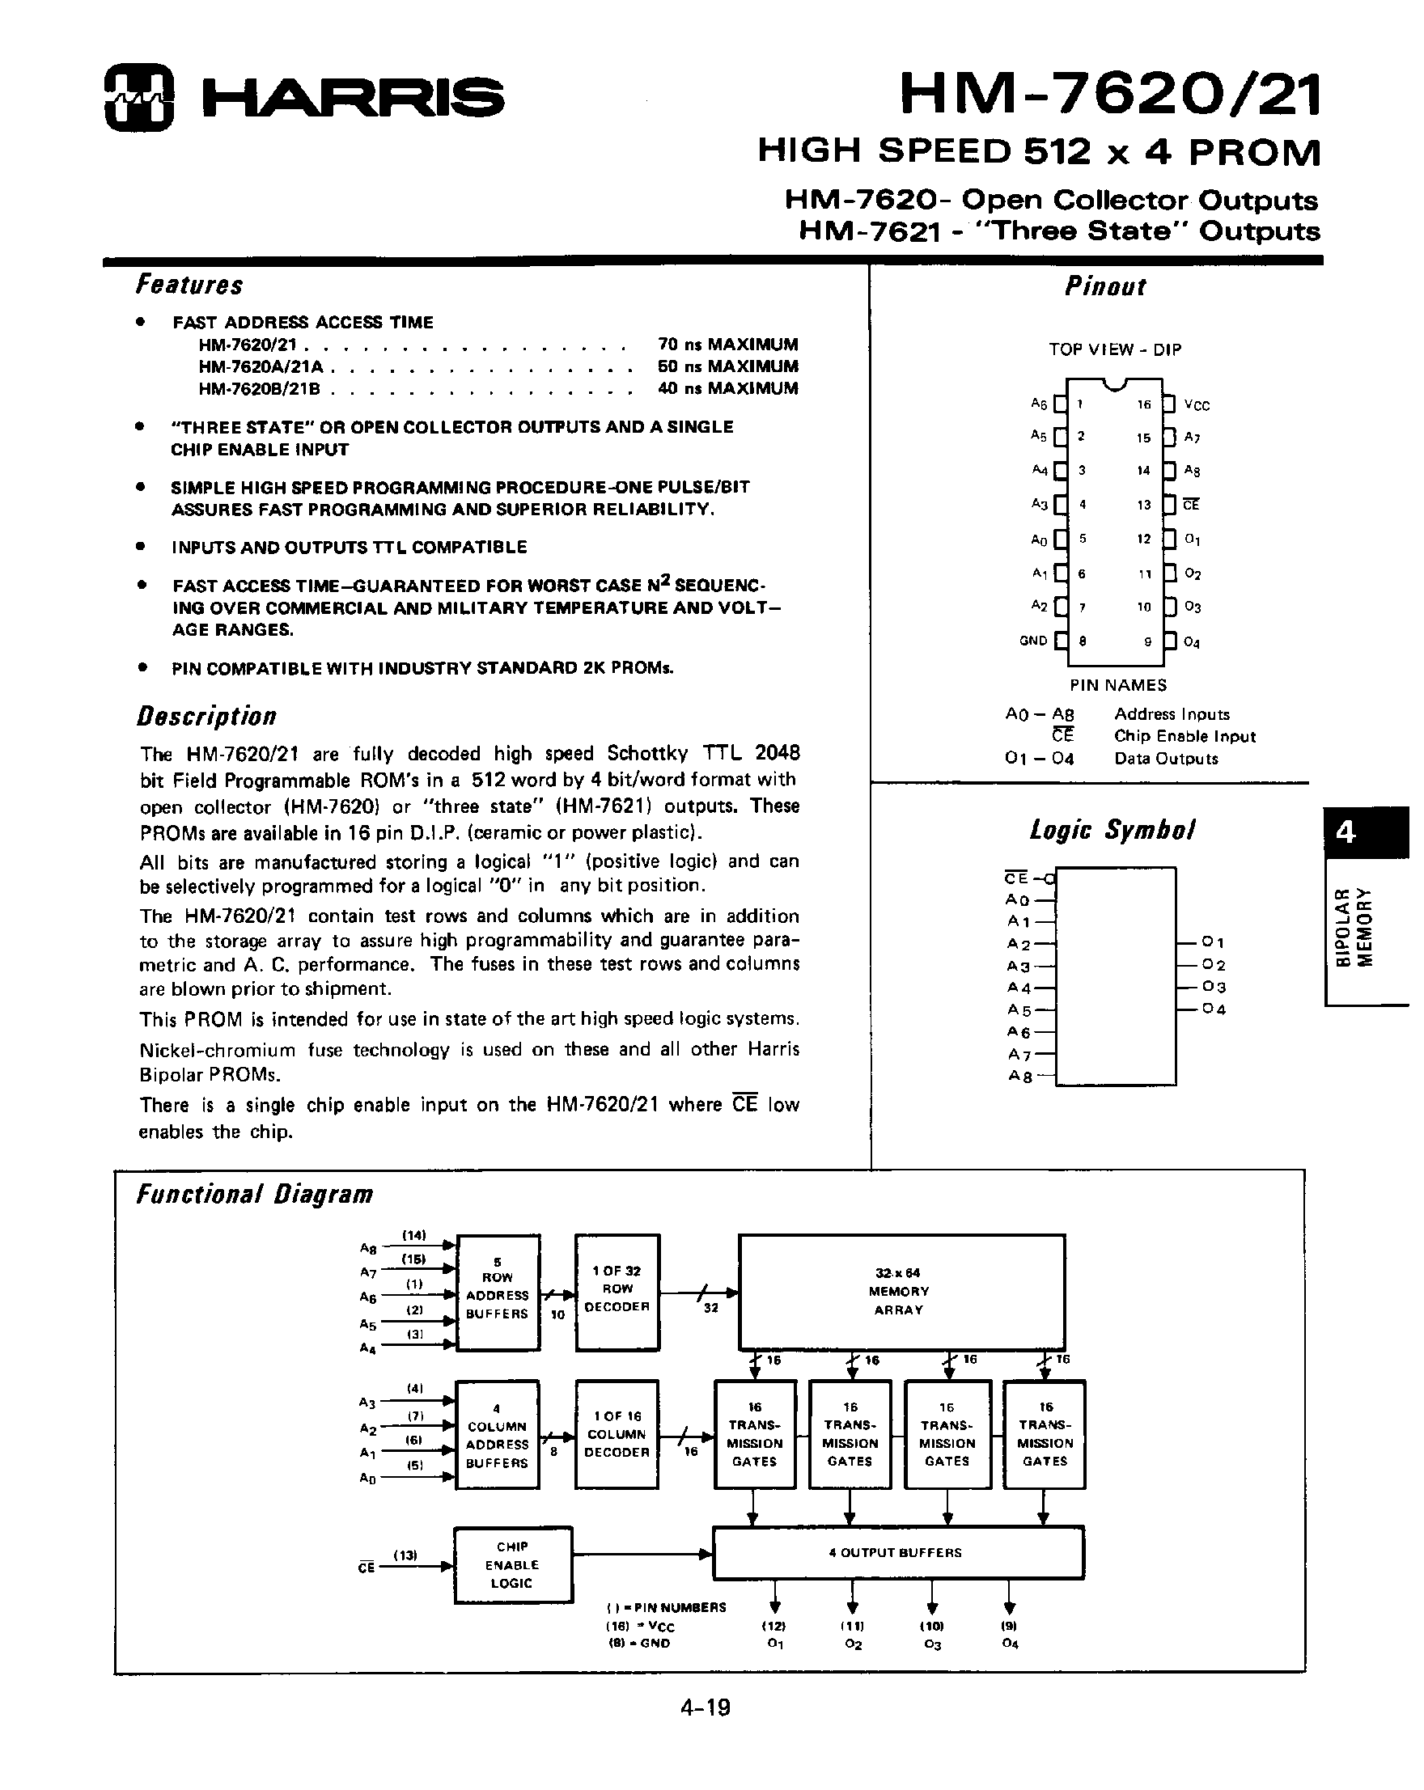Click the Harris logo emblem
point(138,98)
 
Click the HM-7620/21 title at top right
point(1109,95)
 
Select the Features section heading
point(189,285)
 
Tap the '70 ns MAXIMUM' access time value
point(727,344)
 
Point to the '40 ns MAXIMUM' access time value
point(727,387)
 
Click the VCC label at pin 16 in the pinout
point(1197,405)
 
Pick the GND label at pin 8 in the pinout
point(1033,641)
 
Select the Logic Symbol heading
point(1112,829)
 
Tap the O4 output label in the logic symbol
point(1213,1009)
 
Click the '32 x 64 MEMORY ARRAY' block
point(901,1291)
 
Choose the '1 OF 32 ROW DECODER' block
point(617,1291)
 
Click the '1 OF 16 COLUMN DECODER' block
point(617,1434)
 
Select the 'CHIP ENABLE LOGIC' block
point(512,1565)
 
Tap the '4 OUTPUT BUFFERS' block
point(897,1552)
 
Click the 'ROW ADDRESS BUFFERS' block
point(498,1291)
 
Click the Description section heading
point(206,717)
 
